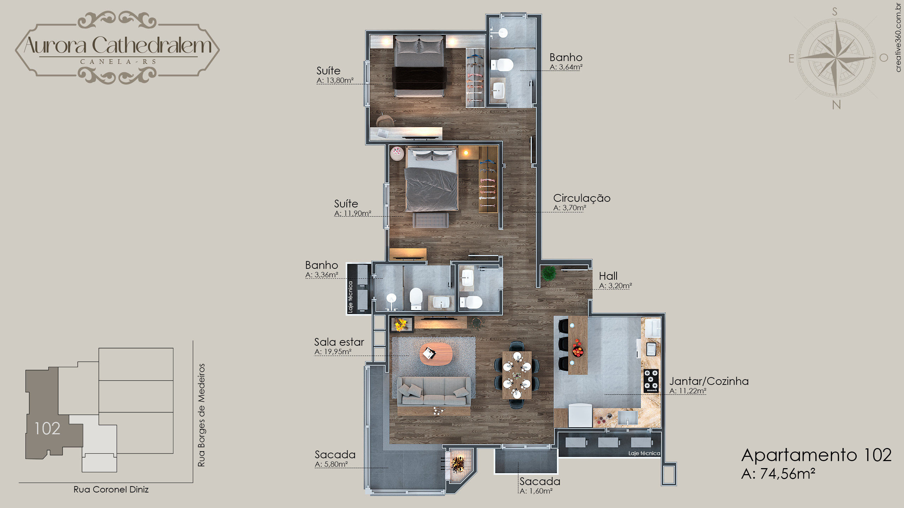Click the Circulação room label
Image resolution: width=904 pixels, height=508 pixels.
pos(582,198)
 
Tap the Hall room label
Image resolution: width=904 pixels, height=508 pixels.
pos(608,276)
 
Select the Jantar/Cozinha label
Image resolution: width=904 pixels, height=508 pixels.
pos(709,381)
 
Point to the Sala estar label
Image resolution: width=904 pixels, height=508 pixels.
pos(339,342)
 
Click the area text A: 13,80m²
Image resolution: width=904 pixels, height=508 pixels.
pos(335,80)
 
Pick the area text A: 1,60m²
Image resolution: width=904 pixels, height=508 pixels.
pos(536,491)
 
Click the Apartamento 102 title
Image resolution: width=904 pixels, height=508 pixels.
pos(816,455)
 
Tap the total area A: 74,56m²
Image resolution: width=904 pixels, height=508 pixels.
pos(778,474)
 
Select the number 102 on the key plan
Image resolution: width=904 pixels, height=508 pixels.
pos(47,429)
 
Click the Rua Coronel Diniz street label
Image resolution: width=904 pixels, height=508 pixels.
pos(111,490)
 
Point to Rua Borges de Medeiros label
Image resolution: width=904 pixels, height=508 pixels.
pos(201,415)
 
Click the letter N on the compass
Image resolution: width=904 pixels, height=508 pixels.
pos(836,105)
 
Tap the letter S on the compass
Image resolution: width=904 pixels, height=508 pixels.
pos(835,12)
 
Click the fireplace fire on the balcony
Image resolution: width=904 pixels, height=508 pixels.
pos(458,464)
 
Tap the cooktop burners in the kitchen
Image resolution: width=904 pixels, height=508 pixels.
pos(651,381)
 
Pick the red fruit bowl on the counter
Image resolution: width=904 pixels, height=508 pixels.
pos(578,351)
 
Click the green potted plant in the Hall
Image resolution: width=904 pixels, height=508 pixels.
pos(549,273)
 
